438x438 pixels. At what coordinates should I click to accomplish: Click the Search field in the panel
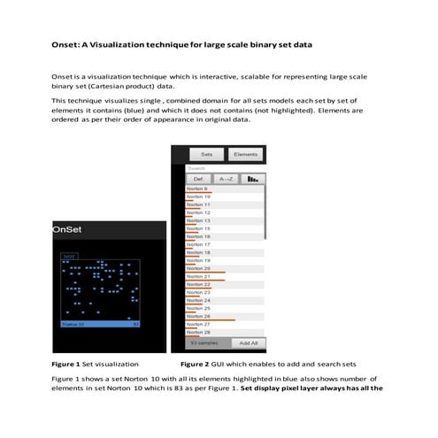click(226, 167)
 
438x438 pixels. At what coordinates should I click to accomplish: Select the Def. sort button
click(198, 178)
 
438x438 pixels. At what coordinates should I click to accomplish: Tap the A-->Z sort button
click(225, 178)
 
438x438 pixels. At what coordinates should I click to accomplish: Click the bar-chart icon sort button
click(252, 178)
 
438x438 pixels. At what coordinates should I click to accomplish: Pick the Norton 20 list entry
click(199, 268)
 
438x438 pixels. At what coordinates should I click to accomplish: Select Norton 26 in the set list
click(199, 316)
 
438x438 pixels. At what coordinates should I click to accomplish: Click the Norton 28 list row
click(199, 332)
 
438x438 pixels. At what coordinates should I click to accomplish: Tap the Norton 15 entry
click(199, 228)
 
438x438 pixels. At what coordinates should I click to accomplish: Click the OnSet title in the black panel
click(67, 229)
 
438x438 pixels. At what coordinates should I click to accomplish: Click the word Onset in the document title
click(64, 43)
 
